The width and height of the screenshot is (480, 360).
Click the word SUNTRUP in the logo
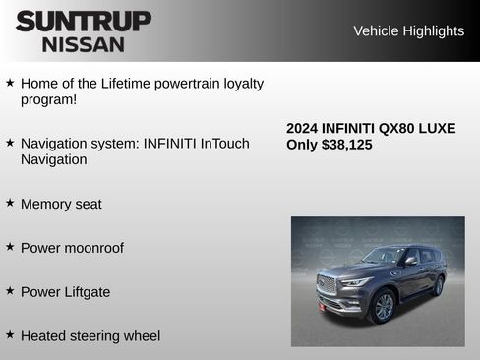(x=84, y=21)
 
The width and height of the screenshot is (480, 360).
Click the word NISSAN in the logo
(x=84, y=44)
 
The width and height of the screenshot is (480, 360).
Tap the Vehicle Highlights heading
(x=408, y=30)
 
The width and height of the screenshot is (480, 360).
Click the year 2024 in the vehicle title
(x=303, y=128)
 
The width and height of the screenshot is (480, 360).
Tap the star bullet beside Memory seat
(x=10, y=203)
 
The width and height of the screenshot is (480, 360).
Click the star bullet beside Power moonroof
(x=10, y=247)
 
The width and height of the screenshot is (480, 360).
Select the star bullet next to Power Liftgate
(x=10, y=291)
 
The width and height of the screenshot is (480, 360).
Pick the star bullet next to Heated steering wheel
(x=10, y=335)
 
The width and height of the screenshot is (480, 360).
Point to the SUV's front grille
(x=327, y=285)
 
